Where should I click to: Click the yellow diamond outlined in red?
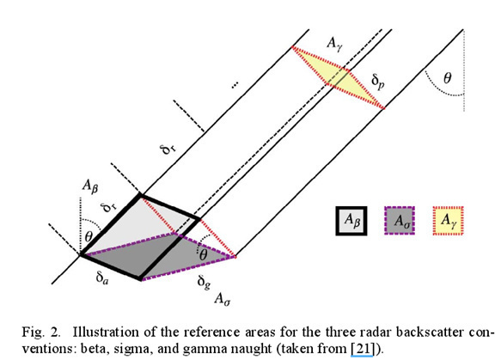[339, 77]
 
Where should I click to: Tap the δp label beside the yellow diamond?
[378, 82]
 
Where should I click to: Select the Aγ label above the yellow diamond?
[334, 44]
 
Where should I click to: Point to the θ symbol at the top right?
[448, 77]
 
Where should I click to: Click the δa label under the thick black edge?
[102, 278]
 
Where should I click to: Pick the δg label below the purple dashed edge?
[204, 282]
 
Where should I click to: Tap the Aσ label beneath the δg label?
[223, 298]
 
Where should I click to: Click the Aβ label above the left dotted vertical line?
[90, 186]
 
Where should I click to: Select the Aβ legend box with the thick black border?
[351, 221]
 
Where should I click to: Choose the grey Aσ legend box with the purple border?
[400, 221]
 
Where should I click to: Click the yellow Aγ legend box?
[448, 221]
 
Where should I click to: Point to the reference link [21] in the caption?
[363, 349]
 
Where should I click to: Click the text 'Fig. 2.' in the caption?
[40, 333]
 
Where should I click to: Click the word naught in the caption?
[252, 349]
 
